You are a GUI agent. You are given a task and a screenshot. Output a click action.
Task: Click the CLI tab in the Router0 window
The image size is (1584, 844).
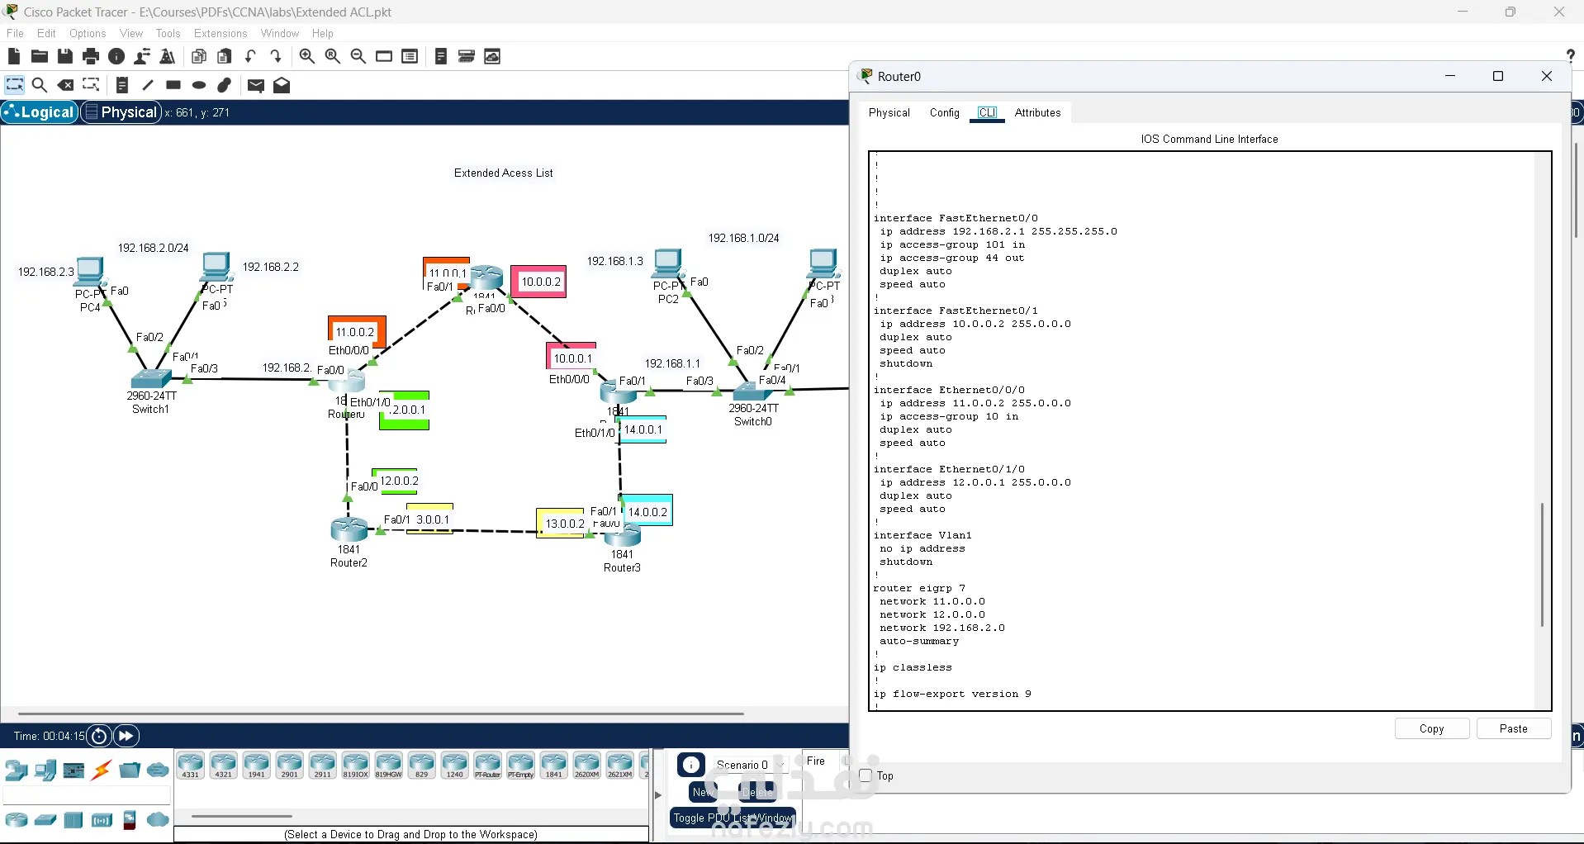(987, 113)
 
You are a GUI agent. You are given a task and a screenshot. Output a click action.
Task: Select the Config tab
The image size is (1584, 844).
(944, 113)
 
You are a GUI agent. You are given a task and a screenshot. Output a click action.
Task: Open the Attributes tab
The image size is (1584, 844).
(1037, 113)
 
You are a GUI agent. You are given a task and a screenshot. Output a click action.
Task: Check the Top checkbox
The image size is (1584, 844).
(866, 775)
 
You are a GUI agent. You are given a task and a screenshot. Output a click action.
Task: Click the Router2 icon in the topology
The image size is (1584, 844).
(349, 529)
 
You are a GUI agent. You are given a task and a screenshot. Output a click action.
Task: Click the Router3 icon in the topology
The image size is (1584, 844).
(622, 536)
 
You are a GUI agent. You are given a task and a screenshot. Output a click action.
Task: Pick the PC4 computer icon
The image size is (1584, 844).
(89, 271)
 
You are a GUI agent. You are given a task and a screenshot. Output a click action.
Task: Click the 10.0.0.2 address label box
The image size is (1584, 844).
(540, 282)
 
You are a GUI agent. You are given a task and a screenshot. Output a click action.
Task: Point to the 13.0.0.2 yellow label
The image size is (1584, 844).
(564, 524)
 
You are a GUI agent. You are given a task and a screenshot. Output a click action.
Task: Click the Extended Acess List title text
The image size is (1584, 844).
(503, 173)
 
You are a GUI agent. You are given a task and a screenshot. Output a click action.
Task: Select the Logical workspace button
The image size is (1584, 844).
(40, 112)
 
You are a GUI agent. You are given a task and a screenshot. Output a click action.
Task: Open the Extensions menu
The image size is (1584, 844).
(221, 34)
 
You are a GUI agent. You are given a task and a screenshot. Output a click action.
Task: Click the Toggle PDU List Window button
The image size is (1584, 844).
(733, 818)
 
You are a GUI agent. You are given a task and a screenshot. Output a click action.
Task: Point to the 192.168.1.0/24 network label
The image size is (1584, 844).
(743, 238)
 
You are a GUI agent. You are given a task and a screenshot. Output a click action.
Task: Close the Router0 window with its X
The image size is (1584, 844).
(1547, 77)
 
